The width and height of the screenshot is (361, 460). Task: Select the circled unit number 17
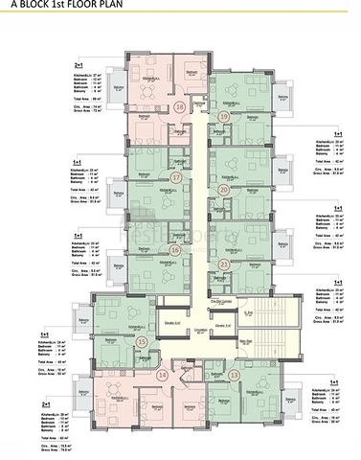click(175, 177)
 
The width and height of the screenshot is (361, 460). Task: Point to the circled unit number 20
click(224, 190)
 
